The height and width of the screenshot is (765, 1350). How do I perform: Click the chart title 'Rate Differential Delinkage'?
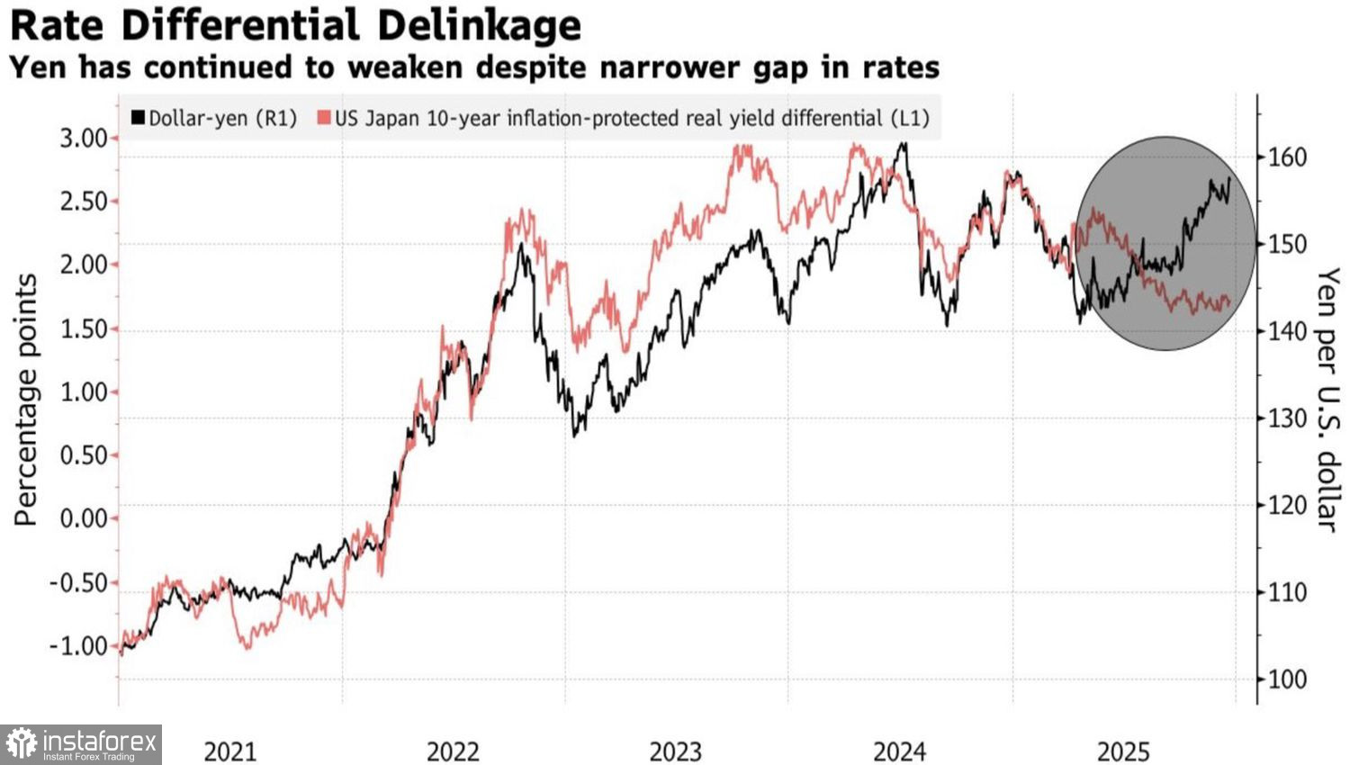pyautogui.click(x=295, y=25)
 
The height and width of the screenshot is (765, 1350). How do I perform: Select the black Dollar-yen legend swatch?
pyautogui.click(x=139, y=118)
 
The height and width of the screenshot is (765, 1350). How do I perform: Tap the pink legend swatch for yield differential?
pyautogui.click(x=324, y=118)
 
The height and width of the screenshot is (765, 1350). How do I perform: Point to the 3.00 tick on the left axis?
pyautogui.click(x=84, y=138)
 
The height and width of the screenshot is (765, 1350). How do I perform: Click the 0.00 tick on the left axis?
pyautogui.click(x=84, y=518)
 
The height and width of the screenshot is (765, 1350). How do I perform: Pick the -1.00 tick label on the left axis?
pyautogui.click(x=78, y=646)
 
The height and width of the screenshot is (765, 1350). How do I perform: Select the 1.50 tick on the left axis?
pyautogui.click(x=84, y=328)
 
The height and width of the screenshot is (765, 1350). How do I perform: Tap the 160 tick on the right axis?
pyautogui.click(x=1287, y=157)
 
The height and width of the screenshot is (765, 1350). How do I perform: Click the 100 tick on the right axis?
pyautogui.click(x=1287, y=679)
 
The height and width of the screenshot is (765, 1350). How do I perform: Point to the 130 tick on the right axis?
pyautogui.click(x=1287, y=418)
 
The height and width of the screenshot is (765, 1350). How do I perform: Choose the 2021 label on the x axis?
pyautogui.click(x=230, y=751)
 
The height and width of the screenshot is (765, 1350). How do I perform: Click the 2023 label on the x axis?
pyautogui.click(x=676, y=751)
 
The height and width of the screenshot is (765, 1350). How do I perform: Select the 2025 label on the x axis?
pyautogui.click(x=1122, y=751)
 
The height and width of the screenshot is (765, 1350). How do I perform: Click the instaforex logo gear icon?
pyautogui.click(x=21, y=744)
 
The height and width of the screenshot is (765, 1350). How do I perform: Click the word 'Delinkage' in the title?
pyautogui.click(x=479, y=25)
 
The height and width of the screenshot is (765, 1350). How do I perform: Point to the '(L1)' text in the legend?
pyautogui.click(x=910, y=118)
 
